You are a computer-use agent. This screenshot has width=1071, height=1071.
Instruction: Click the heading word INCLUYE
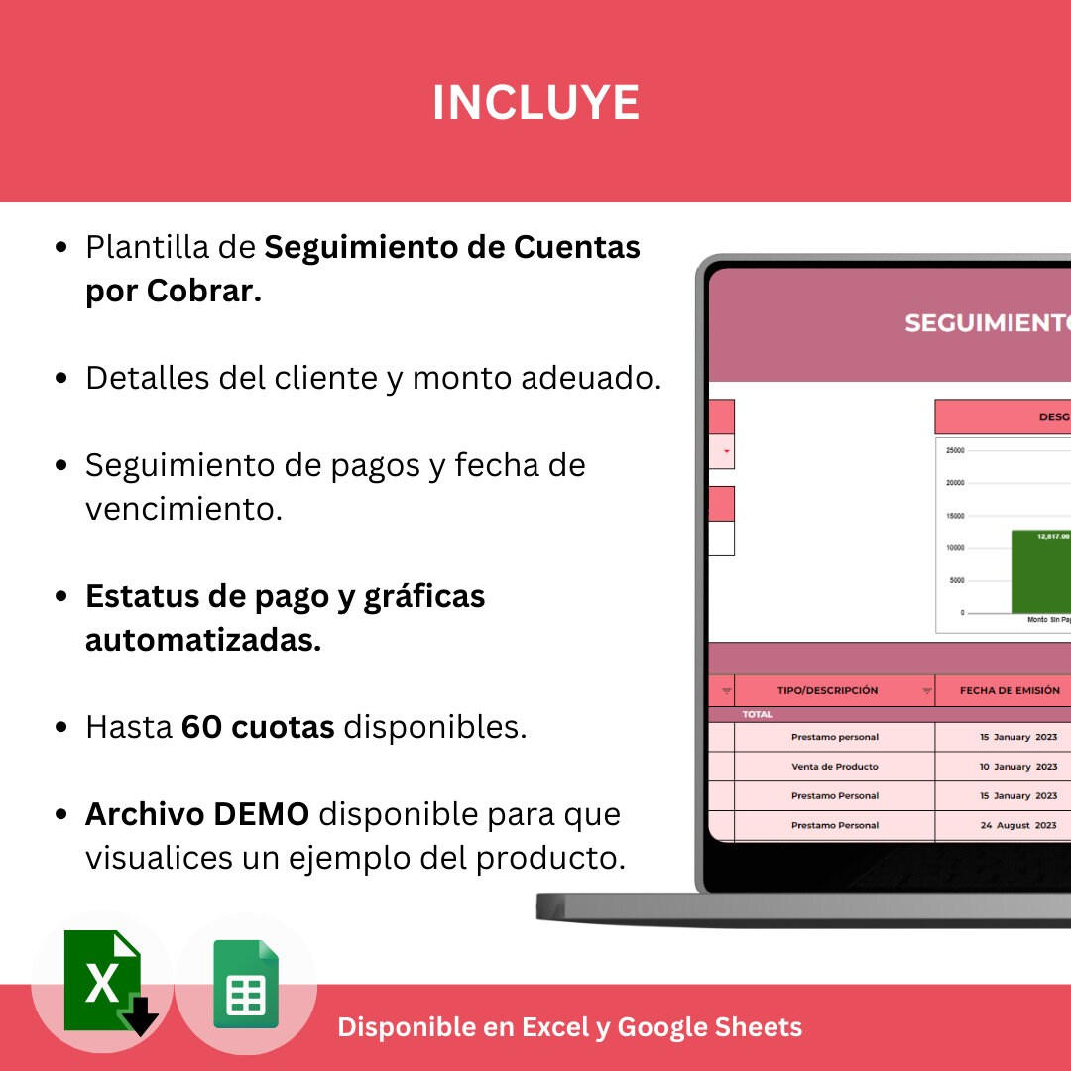tap(535, 103)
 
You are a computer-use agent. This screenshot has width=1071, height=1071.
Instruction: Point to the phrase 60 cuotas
tap(258, 727)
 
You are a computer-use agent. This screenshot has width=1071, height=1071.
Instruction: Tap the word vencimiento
tap(183, 509)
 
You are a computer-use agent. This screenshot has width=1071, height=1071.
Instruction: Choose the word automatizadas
tap(203, 640)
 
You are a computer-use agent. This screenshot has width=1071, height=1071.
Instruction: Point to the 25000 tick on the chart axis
tap(955, 450)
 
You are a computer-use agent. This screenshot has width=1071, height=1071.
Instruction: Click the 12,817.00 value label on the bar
tap(1053, 536)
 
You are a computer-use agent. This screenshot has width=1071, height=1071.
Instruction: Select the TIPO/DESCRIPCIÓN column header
tap(828, 690)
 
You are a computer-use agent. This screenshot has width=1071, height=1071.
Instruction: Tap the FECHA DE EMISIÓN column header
tap(1009, 690)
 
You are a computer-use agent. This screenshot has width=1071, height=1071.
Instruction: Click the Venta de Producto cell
tap(834, 767)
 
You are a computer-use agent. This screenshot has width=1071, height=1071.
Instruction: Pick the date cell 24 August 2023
tap(1018, 825)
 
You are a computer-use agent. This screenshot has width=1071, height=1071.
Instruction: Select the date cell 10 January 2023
tap(1018, 767)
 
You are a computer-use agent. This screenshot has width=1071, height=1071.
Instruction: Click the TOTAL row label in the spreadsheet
tap(758, 714)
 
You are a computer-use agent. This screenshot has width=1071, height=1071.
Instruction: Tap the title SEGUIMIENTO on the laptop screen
tap(987, 323)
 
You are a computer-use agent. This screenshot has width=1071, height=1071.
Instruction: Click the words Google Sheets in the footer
tap(709, 1027)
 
